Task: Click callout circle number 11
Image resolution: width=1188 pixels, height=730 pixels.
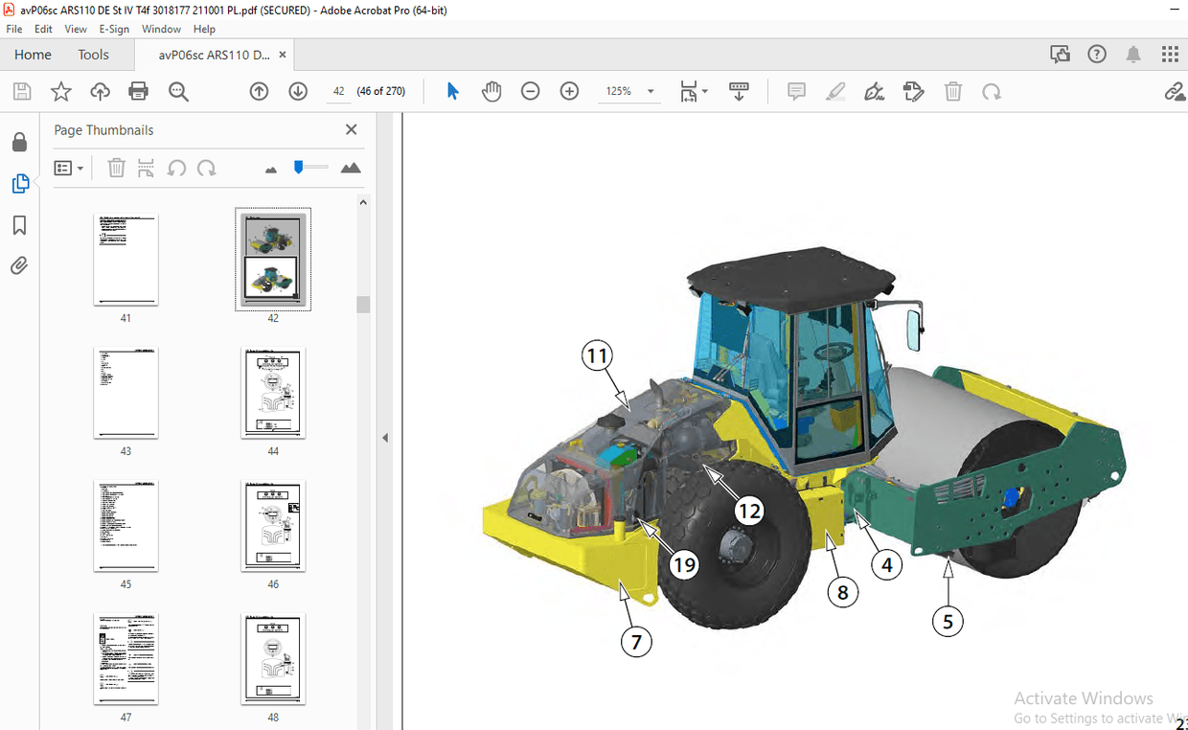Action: click(x=598, y=357)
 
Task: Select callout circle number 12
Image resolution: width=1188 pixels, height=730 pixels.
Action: click(x=748, y=511)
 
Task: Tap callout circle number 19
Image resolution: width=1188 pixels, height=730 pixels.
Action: click(x=684, y=565)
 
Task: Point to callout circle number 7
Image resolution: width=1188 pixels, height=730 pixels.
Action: click(x=636, y=641)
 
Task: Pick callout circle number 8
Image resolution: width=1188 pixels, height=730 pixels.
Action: click(x=842, y=593)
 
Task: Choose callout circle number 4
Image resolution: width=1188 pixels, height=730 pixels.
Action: click(x=887, y=565)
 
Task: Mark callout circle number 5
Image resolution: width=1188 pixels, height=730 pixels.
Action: click(x=948, y=622)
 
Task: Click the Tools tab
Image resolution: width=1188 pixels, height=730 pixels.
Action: click(x=93, y=55)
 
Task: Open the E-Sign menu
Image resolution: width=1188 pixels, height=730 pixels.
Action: click(x=114, y=29)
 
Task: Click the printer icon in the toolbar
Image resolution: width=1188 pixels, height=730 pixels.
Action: click(x=139, y=92)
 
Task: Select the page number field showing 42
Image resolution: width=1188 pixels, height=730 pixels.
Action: click(x=338, y=91)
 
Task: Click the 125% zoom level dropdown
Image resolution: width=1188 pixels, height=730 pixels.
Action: click(x=628, y=91)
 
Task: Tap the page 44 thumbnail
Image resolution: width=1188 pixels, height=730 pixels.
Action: click(x=273, y=393)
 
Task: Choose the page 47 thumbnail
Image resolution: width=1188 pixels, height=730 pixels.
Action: click(x=126, y=659)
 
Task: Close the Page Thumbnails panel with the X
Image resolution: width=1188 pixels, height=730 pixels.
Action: click(x=351, y=129)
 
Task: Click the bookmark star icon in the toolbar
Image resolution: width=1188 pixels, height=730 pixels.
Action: click(x=61, y=92)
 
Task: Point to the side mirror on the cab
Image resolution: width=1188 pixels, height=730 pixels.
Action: click(x=913, y=331)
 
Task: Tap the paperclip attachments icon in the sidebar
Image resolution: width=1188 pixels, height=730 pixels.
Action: click(x=19, y=266)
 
